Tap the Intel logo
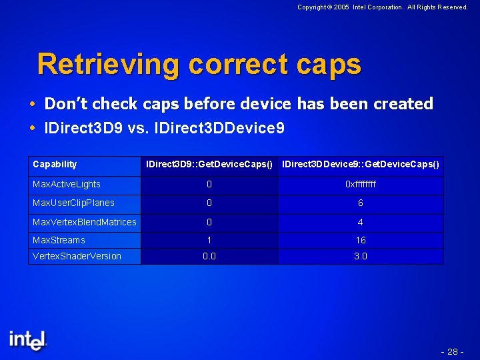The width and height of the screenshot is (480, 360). click(28, 339)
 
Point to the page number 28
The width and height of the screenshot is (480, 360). click(453, 351)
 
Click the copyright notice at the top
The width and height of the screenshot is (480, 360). click(382, 7)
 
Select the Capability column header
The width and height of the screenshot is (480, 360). click(55, 164)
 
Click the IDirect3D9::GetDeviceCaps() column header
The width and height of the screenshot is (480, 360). click(209, 165)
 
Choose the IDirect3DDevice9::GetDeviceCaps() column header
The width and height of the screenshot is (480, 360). click(361, 165)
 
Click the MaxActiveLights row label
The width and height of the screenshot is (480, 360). click(67, 184)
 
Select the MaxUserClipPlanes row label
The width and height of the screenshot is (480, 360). click(73, 203)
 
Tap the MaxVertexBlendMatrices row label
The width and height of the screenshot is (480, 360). click(84, 222)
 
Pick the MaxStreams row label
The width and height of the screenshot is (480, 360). click(59, 240)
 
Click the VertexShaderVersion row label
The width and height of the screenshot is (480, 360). click(77, 256)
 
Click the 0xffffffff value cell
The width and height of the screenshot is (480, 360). click(361, 185)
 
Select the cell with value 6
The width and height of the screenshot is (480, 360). click(361, 203)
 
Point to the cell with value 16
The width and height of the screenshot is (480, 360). click(361, 241)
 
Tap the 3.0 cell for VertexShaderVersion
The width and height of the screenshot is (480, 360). click(361, 257)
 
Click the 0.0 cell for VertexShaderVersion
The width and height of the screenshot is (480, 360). click(209, 257)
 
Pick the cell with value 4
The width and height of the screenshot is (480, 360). click(361, 223)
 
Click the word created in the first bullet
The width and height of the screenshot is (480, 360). click(403, 104)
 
